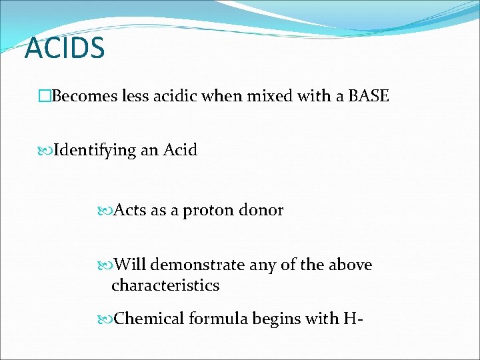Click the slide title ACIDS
65,48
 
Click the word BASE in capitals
367,96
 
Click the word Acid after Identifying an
181,150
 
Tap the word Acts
131,211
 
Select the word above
349,265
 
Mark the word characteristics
165,285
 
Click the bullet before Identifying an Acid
46,151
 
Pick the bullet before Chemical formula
107,319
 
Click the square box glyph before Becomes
45,97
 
